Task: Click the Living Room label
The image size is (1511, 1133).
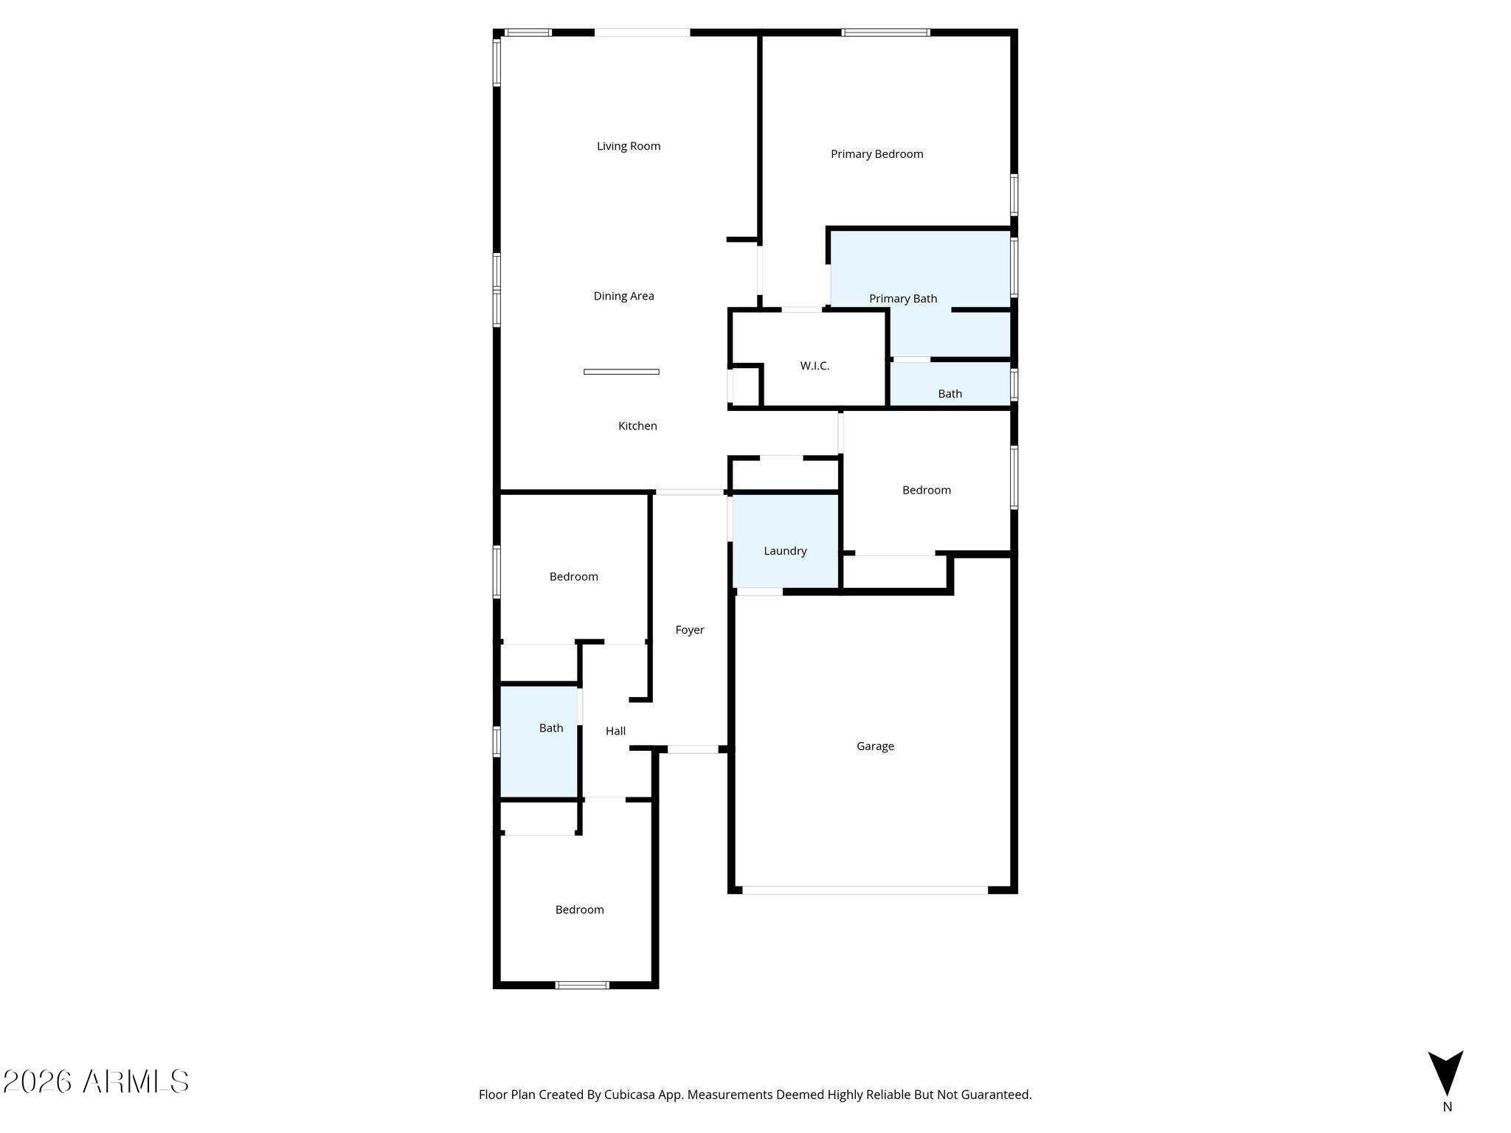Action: [629, 146]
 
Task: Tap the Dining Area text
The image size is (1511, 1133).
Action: [623, 296]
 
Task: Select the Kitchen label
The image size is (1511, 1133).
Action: [637, 426]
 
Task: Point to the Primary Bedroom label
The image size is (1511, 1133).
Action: [876, 154]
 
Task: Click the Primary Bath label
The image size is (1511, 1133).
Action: [903, 299]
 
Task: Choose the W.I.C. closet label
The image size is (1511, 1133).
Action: [815, 366]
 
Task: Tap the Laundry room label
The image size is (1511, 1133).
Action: [785, 551]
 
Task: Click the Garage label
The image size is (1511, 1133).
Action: [875, 746]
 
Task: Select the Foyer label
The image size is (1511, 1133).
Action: [690, 630]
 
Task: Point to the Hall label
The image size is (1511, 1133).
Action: [615, 731]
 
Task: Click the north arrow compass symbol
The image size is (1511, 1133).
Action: [1445, 1073]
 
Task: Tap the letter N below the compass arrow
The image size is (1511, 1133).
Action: [1447, 1106]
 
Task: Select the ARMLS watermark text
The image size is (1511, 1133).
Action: [96, 1081]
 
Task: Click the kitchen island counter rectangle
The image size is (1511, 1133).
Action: [621, 372]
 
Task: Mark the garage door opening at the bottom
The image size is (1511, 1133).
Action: [865, 890]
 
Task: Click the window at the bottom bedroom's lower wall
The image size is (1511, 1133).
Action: [582, 985]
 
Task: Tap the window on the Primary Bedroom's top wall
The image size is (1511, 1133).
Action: [885, 32]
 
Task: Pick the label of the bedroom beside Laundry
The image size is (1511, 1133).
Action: [927, 490]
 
